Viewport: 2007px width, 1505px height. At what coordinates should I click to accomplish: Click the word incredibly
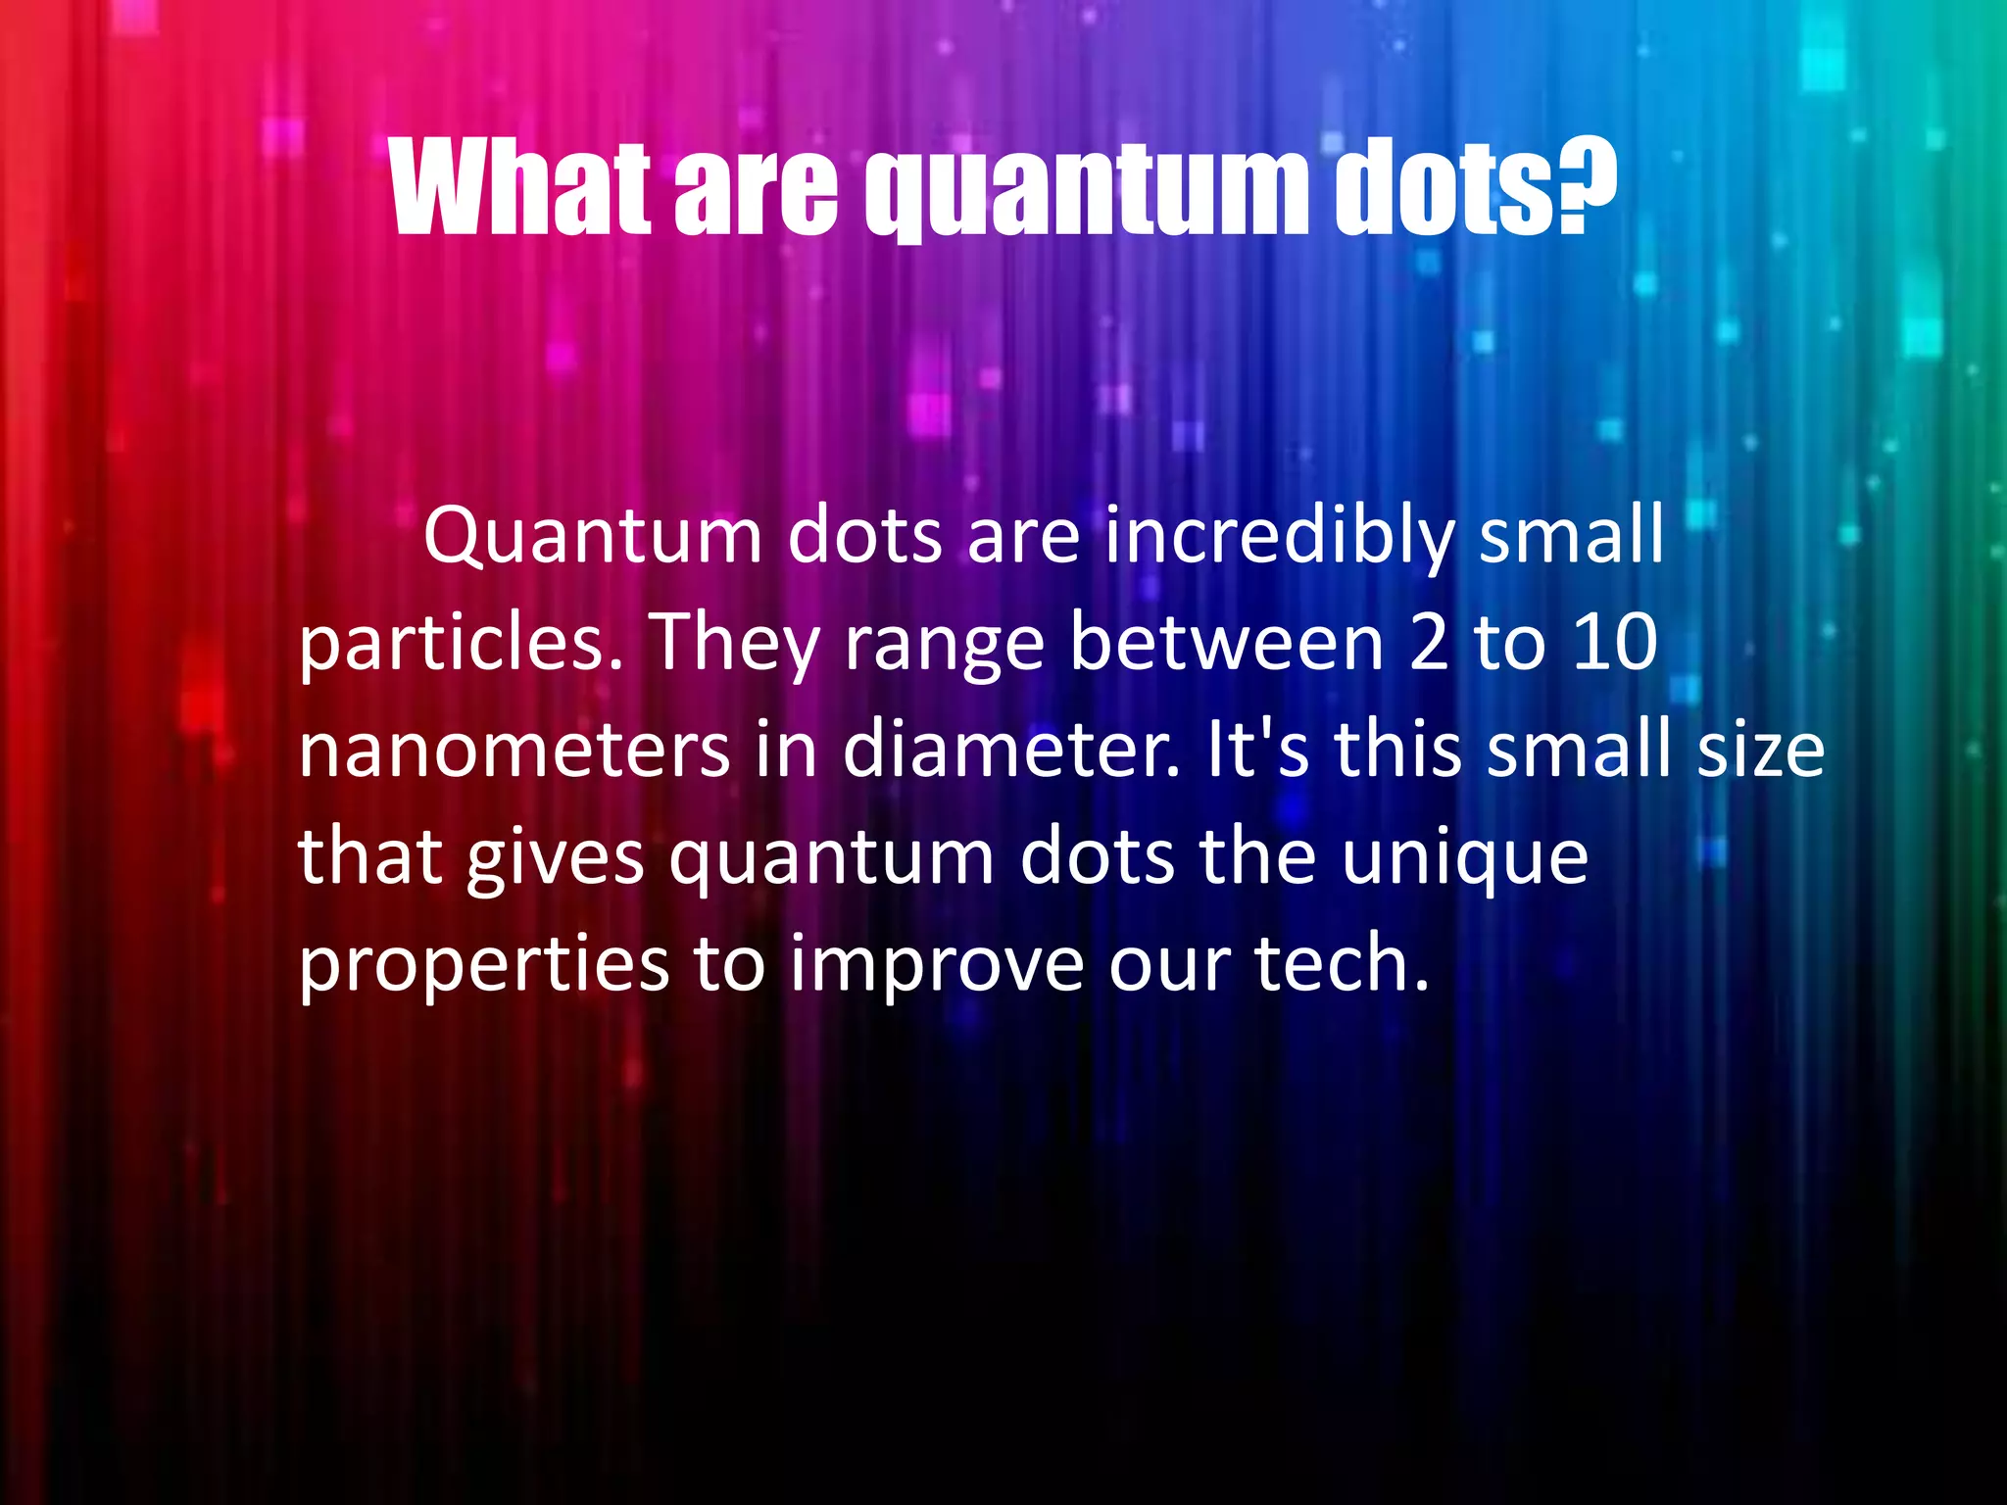[1278, 537]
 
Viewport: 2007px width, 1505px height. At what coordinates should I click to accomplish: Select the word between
[1225, 642]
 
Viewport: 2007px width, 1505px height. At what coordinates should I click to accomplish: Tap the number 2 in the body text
[1430, 643]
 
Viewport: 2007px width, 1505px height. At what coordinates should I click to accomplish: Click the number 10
[1614, 643]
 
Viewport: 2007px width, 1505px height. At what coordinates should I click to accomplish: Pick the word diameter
[1010, 750]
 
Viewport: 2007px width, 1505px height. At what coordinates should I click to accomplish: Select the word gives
[555, 858]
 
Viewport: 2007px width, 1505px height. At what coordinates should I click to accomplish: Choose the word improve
[936, 966]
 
